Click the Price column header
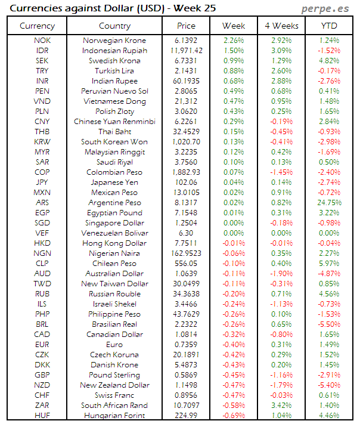click(x=186, y=26)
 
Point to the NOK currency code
click(x=42, y=41)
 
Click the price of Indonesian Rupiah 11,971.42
click(x=186, y=51)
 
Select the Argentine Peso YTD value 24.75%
click(x=329, y=203)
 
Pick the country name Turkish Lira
click(x=114, y=71)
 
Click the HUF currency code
click(x=42, y=416)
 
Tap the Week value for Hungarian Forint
click(x=233, y=416)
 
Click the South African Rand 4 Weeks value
click(x=281, y=406)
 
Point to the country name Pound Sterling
click(x=114, y=375)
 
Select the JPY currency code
click(x=42, y=182)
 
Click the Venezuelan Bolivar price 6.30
click(x=186, y=233)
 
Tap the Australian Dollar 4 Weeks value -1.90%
click(x=281, y=274)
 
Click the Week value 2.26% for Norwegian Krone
click(x=233, y=41)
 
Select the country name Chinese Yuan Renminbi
click(x=114, y=122)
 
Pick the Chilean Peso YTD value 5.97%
click(x=329, y=264)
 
